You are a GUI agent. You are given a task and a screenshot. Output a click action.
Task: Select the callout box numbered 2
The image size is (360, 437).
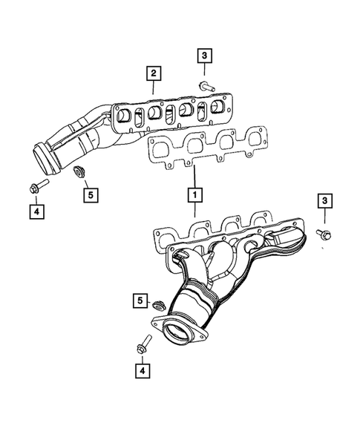pos(153,73)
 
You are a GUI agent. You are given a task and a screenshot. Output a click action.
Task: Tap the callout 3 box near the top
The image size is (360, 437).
pos(205,54)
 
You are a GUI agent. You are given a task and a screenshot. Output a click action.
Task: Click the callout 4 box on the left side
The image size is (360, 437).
pos(35,211)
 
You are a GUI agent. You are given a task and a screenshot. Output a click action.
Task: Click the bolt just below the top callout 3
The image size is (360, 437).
pos(206,86)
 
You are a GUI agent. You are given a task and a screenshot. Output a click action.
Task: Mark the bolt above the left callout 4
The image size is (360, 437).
pos(39,185)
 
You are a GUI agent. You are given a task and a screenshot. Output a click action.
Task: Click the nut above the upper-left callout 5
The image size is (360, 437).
pos(77,176)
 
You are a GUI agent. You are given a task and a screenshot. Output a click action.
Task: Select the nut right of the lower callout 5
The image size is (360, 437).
pos(157,304)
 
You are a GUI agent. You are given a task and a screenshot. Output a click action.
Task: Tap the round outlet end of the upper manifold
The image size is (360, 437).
pos(42,160)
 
